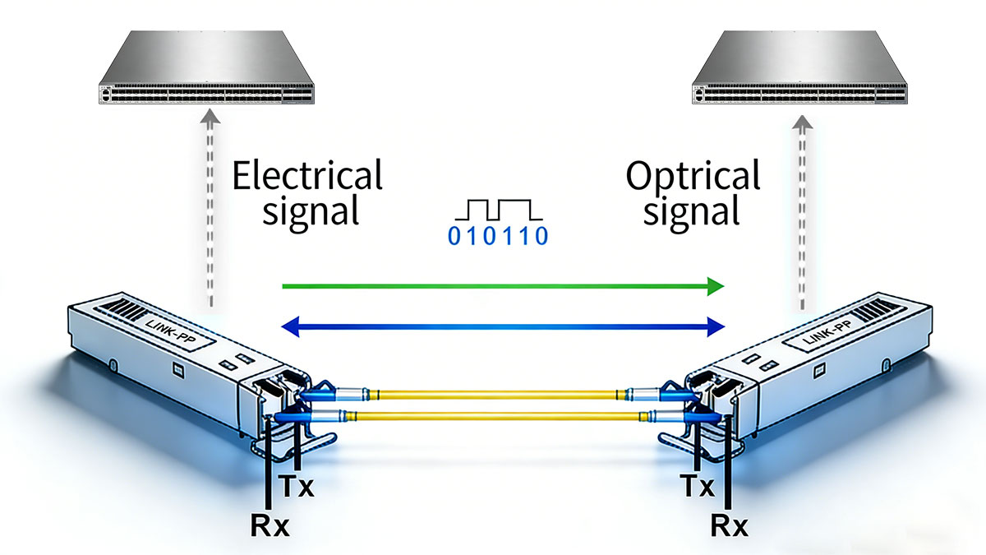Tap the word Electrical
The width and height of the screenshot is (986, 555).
click(307, 176)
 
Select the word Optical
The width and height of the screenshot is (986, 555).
click(693, 176)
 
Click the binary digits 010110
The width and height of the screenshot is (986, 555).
click(496, 238)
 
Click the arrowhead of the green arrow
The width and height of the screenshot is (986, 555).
click(715, 286)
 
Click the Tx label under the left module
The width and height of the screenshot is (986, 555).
click(296, 488)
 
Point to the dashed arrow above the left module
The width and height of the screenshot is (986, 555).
click(211, 214)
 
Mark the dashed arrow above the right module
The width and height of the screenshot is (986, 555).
click(799, 214)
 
